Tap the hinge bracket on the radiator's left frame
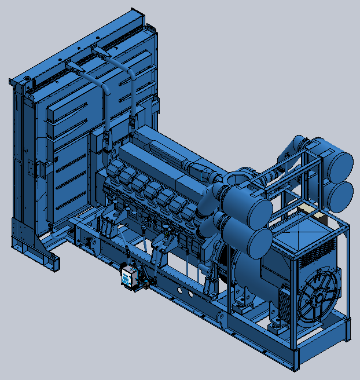40,169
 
